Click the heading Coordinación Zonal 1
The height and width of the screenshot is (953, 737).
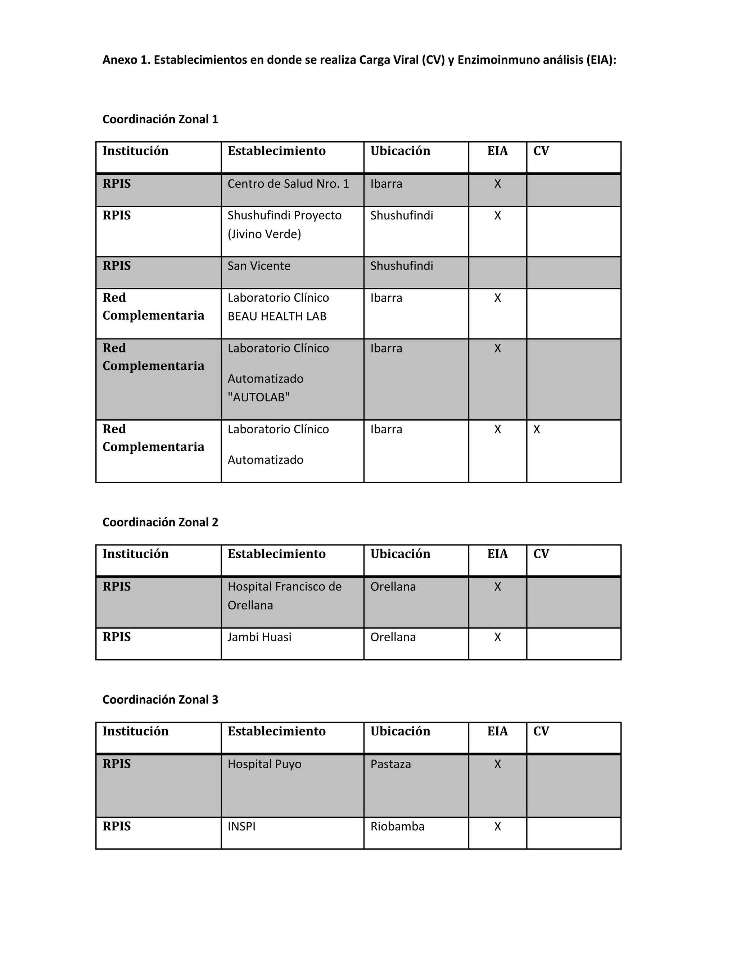pyautogui.click(x=160, y=119)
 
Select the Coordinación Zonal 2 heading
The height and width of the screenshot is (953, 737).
pyautogui.click(x=160, y=522)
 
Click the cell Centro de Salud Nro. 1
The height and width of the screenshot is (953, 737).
pyautogui.click(x=288, y=184)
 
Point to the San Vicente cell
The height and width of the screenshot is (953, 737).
pyautogui.click(x=259, y=266)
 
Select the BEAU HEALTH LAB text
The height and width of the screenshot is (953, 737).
pyautogui.click(x=277, y=316)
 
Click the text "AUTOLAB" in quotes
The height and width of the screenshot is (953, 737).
pyautogui.click(x=258, y=397)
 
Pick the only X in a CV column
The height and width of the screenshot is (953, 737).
pyautogui.click(x=537, y=429)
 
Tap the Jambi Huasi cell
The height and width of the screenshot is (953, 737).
pyautogui.click(x=259, y=637)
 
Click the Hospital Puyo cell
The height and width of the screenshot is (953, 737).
pyautogui.click(x=264, y=764)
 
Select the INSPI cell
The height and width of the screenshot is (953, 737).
pyautogui.click(x=241, y=826)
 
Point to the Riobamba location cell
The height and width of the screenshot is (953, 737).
pyautogui.click(x=397, y=826)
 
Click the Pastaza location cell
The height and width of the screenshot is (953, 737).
pyautogui.click(x=390, y=764)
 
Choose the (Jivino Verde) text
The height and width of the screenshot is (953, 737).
pyautogui.click(x=264, y=234)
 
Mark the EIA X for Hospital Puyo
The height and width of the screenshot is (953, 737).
pyautogui.click(x=497, y=764)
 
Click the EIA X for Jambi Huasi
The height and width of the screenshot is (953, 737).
pyautogui.click(x=497, y=637)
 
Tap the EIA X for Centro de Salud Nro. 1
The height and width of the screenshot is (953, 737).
pyautogui.click(x=497, y=184)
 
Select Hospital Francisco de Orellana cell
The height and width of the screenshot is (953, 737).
pyautogui.click(x=284, y=596)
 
